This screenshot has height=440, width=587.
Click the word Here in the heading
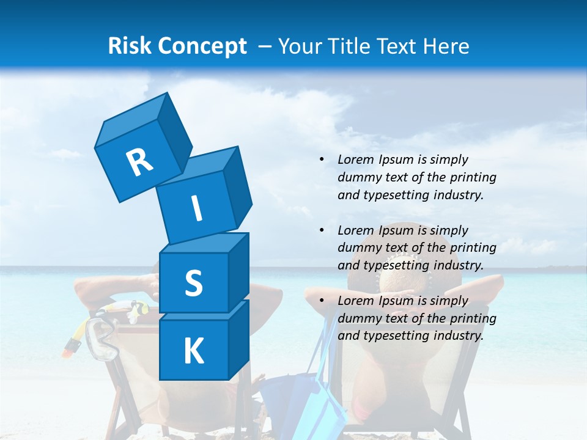(445, 46)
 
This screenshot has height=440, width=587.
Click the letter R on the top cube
(140, 162)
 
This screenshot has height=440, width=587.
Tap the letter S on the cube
(193, 283)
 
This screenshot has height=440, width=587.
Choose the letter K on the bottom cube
(193, 351)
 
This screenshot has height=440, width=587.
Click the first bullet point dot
(322, 160)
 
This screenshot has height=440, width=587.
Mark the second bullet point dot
(322, 230)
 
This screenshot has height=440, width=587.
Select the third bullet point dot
(322, 301)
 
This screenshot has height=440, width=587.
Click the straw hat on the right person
(404, 281)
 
